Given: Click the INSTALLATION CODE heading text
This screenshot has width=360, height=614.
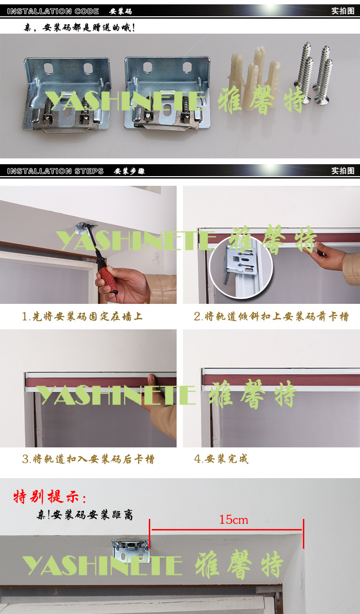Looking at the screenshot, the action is coord(53,11).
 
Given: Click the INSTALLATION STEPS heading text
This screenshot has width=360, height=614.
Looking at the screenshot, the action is coord(55,171).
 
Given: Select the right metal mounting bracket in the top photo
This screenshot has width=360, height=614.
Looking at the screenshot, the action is coord(167,93).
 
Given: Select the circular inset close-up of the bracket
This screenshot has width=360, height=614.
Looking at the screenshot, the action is coord(241,267).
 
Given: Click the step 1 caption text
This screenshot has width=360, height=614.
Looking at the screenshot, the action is coord(82,316).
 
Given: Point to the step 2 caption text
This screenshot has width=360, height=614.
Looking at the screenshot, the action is coord(271,316).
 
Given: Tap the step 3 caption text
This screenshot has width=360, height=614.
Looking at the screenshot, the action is coord(88,459).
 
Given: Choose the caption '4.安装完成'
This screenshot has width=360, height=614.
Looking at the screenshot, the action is coord(221,458).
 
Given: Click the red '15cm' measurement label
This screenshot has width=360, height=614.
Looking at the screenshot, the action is coord(234,520).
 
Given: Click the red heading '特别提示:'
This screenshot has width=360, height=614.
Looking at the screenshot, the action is coord(50,497).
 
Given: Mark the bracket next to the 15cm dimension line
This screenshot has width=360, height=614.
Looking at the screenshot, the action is coord(131,550).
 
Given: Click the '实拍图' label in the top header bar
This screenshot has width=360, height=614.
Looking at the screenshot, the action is coord(343,11).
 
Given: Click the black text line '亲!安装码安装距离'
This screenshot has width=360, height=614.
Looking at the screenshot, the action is coord(85,515).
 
